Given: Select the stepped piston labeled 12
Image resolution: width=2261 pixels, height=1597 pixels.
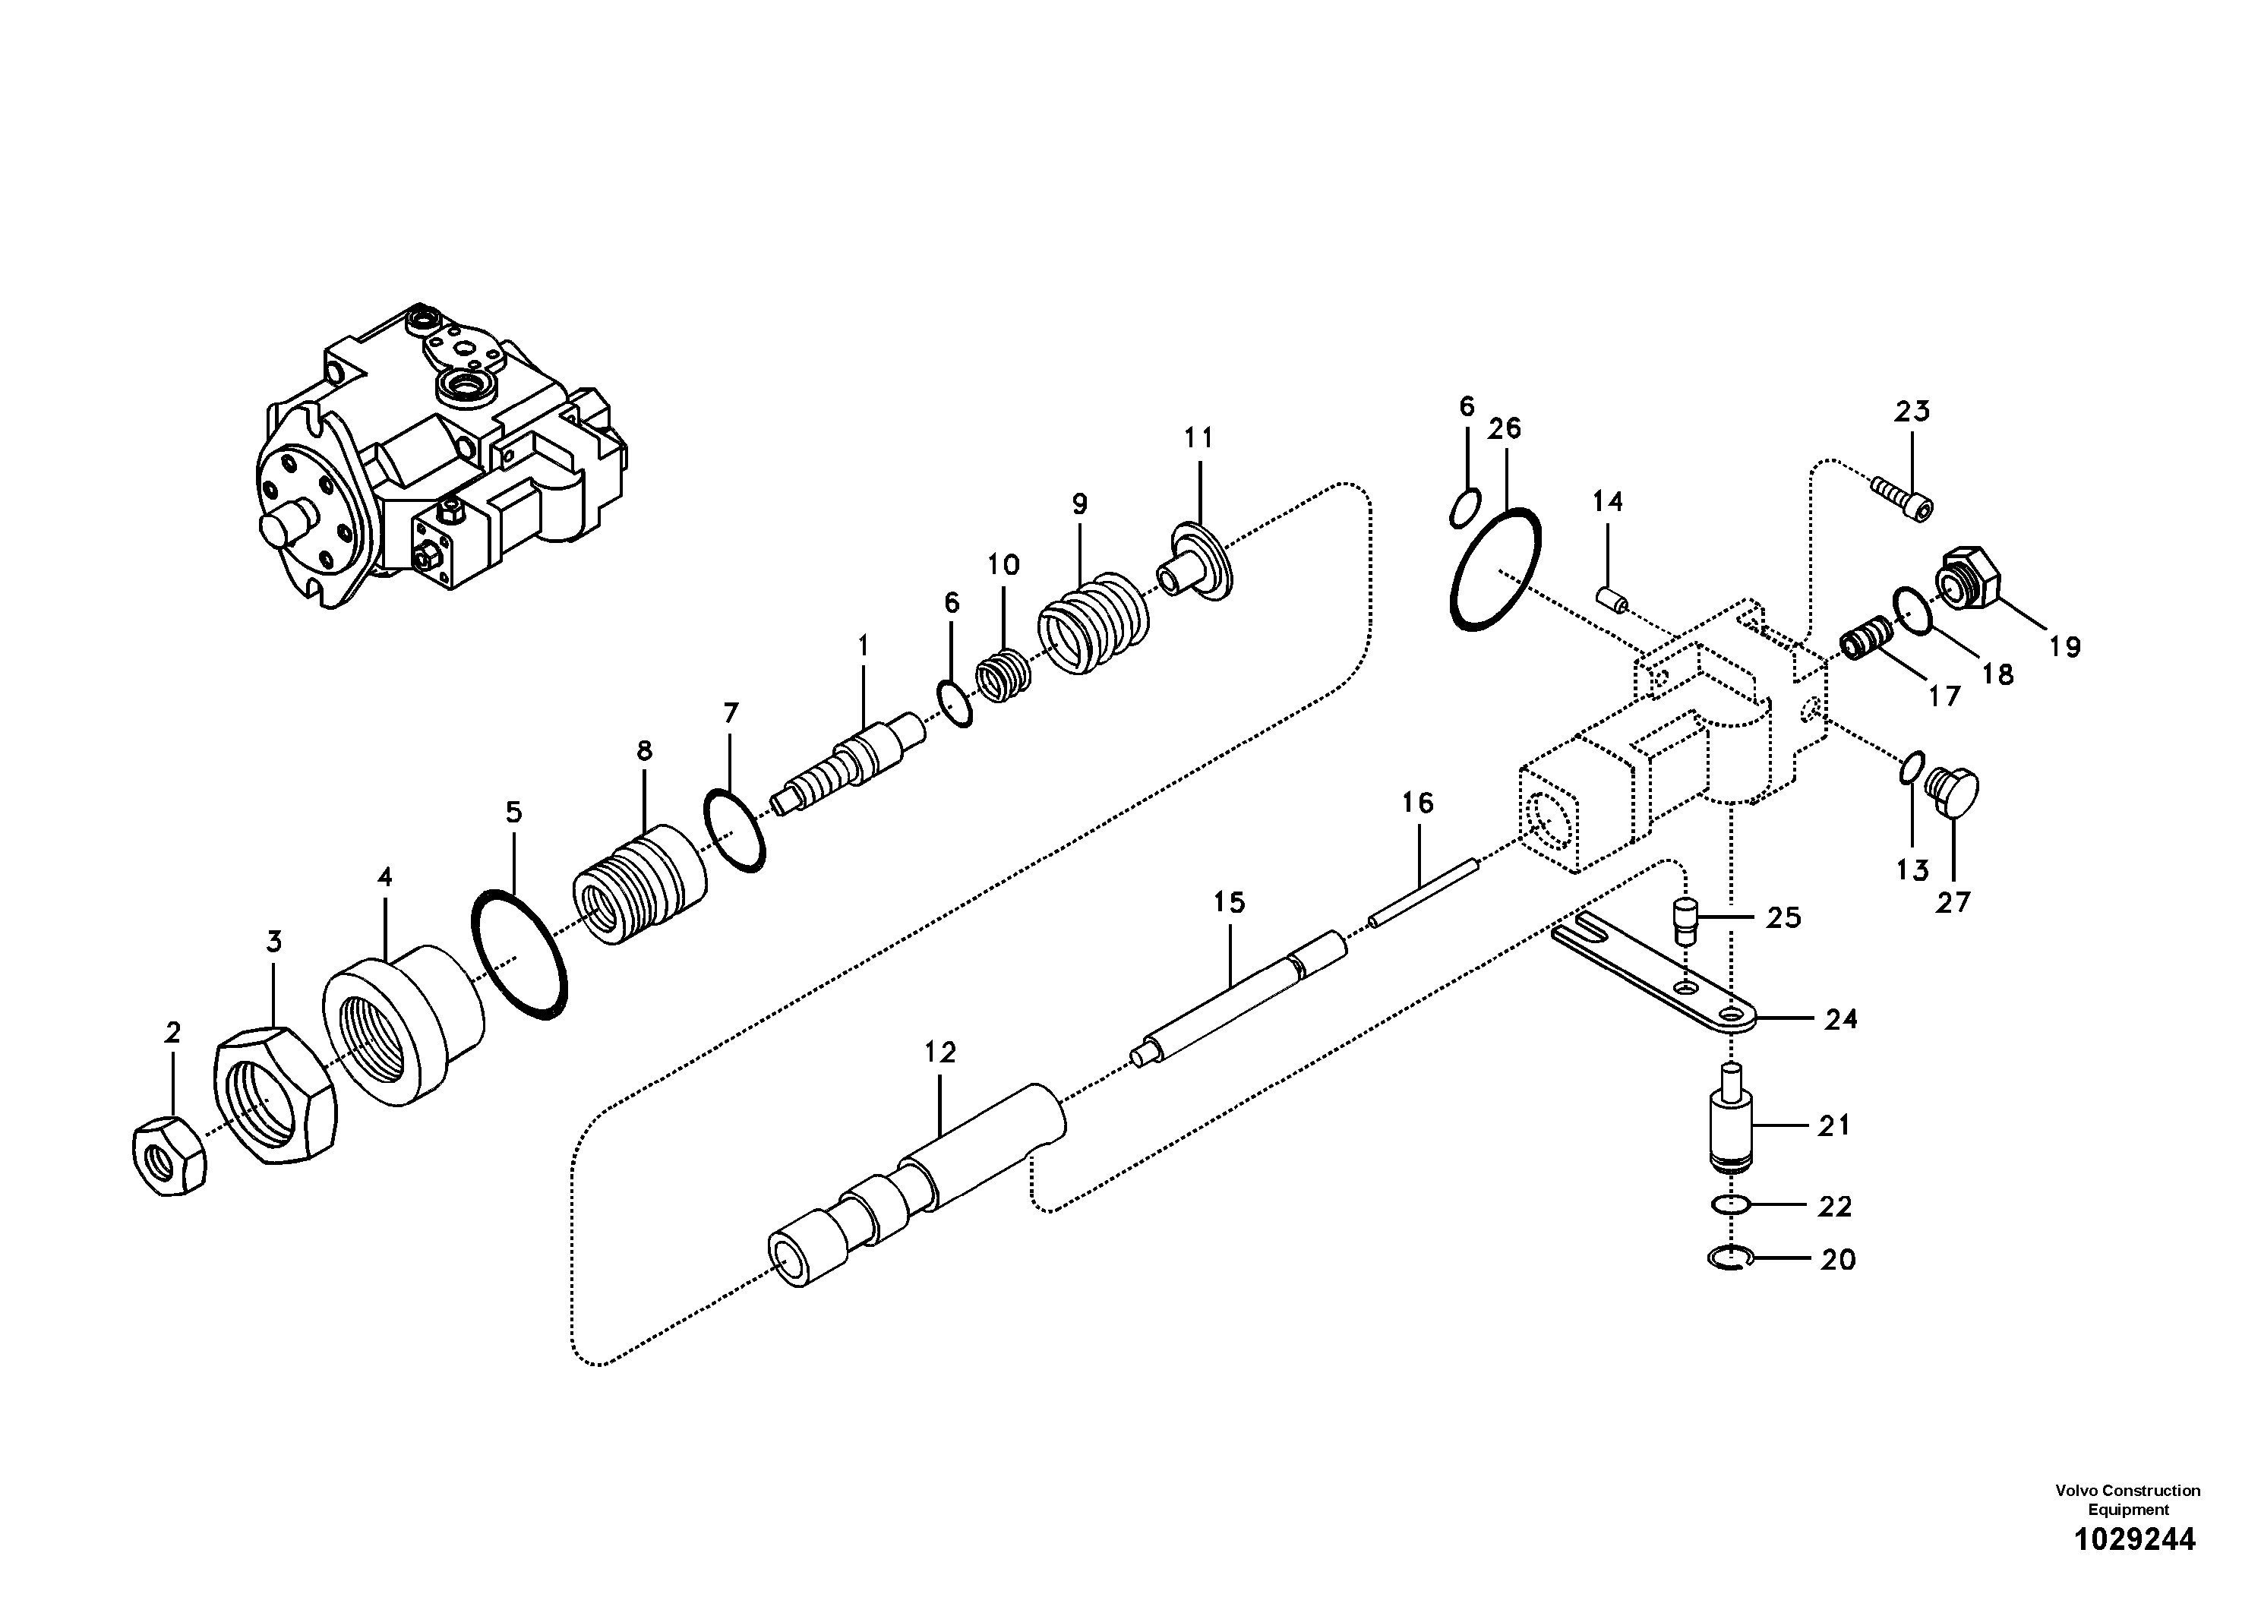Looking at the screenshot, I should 916,1185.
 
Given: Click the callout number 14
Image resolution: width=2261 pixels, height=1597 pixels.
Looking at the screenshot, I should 1607,502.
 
